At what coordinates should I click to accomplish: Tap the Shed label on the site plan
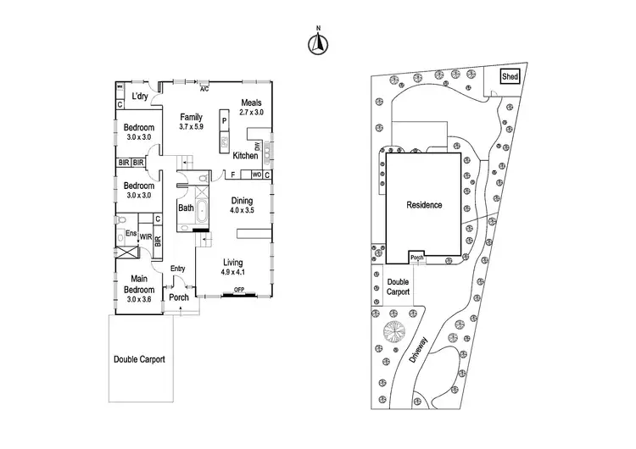click(510, 77)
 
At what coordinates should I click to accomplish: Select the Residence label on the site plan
click(424, 205)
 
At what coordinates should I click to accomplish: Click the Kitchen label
click(245, 156)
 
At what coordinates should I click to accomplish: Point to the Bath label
click(187, 208)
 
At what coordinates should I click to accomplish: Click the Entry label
click(178, 269)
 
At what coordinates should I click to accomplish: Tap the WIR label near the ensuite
click(145, 236)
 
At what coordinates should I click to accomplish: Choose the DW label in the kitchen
click(257, 147)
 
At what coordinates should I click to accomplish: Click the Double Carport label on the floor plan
click(139, 359)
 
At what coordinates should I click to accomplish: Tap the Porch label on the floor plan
click(179, 297)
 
